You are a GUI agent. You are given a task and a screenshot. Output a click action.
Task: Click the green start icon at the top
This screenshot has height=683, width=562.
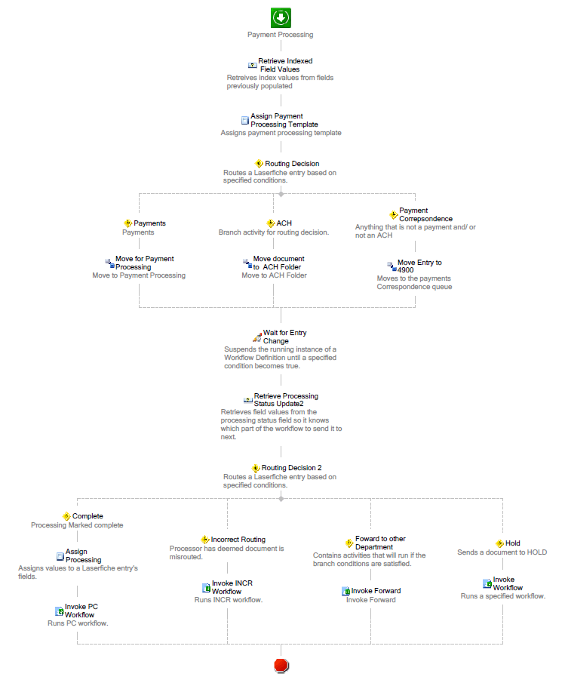click(x=281, y=18)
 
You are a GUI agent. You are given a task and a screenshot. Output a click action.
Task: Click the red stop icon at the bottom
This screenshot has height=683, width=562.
click(x=281, y=665)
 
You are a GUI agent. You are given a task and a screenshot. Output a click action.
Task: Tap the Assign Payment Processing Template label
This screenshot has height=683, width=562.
click(x=284, y=120)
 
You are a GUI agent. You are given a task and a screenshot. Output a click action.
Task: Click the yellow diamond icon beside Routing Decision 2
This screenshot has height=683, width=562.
click(x=256, y=468)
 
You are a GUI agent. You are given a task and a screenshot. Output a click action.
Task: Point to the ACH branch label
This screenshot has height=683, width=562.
click(x=284, y=223)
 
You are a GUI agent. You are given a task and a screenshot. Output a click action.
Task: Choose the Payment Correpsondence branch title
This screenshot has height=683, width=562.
click(x=425, y=214)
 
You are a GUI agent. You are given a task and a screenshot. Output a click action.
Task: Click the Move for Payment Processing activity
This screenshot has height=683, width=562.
click(x=145, y=263)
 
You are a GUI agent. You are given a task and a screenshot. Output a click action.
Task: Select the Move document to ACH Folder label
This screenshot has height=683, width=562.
click(x=278, y=263)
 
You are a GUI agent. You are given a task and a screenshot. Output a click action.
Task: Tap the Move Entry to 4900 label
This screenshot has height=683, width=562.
click(x=419, y=266)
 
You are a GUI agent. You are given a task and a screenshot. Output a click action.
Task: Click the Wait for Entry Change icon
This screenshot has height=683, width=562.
click(x=257, y=337)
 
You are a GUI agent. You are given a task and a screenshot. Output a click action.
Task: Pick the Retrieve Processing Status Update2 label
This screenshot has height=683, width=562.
click(x=286, y=399)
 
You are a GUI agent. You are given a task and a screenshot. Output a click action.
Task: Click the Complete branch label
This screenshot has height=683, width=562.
click(x=88, y=515)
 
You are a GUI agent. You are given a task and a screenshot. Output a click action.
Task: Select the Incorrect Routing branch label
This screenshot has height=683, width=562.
click(x=238, y=540)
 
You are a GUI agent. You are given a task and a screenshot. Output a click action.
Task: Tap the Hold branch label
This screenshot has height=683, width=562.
click(x=513, y=543)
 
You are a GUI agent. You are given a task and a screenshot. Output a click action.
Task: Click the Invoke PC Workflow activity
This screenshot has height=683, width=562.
click(x=81, y=611)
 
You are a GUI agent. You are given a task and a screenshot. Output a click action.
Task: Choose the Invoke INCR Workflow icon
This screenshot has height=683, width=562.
click(x=207, y=588)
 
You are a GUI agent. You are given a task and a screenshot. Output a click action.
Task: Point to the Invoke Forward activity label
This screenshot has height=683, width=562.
click(x=376, y=591)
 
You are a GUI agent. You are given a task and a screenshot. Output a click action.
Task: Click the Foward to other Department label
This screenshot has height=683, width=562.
click(x=380, y=543)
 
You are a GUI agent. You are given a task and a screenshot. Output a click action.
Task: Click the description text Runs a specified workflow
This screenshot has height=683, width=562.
click(x=503, y=596)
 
